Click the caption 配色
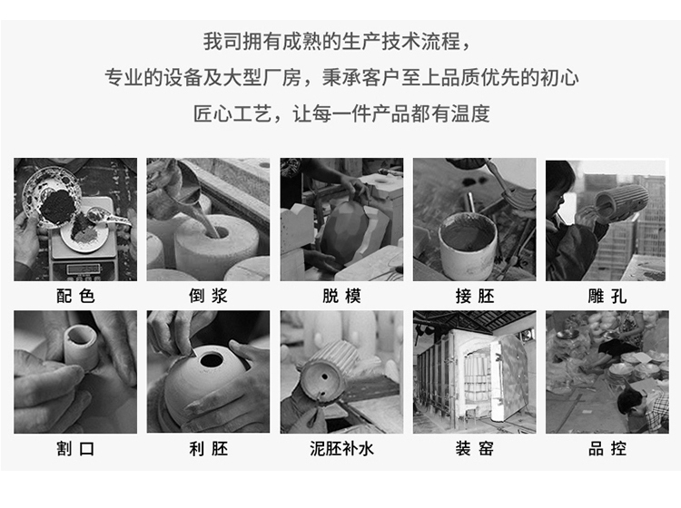point(75,297)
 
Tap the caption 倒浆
point(208,297)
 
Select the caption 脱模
point(341,297)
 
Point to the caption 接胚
point(475,297)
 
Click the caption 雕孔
point(607,297)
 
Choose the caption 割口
point(75,448)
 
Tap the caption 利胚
point(208,448)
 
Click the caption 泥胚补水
point(341,448)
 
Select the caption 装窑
point(475,448)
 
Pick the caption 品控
point(607,448)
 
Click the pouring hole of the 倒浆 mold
point(218,232)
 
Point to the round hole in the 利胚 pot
point(212,359)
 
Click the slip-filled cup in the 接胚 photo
point(468,245)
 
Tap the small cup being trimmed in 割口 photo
point(81,347)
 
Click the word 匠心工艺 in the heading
point(232,114)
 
